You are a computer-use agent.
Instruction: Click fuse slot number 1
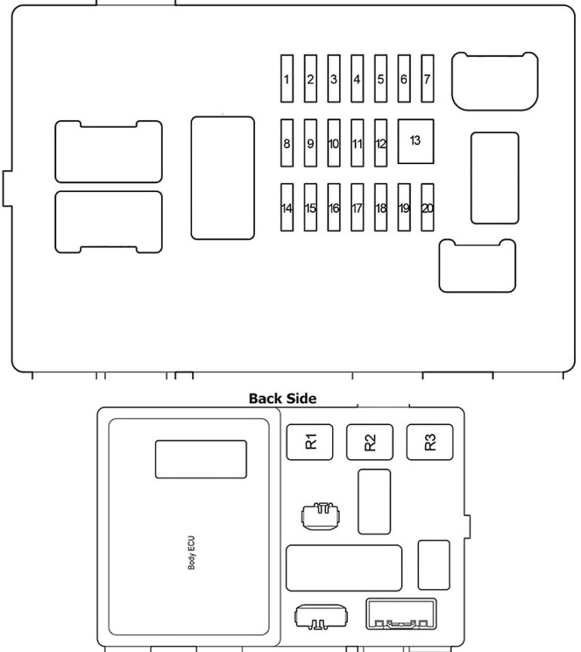click(287, 79)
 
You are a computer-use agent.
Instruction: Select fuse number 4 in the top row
click(357, 79)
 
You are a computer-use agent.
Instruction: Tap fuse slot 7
click(427, 79)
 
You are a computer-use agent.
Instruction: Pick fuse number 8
click(287, 143)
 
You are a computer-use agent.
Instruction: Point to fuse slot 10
click(334, 143)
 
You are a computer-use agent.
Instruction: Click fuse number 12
click(381, 143)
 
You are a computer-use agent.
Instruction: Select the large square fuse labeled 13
click(415, 141)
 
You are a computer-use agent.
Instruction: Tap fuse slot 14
click(287, 208)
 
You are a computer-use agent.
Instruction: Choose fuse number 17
click(357, 208)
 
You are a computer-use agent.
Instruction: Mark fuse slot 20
click(427, 208)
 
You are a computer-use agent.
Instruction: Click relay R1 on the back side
click(310, 442)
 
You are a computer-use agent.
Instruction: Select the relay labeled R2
click(370, 442)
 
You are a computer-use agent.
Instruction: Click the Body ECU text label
click(191, 554)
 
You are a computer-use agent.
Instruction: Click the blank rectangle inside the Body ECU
click(200, 459)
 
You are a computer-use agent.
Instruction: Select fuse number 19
click(404, 208)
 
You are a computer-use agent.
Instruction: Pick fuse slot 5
click(381, 79)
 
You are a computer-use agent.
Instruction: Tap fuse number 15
click(310, 208)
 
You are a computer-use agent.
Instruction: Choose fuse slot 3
click(334, 79)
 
